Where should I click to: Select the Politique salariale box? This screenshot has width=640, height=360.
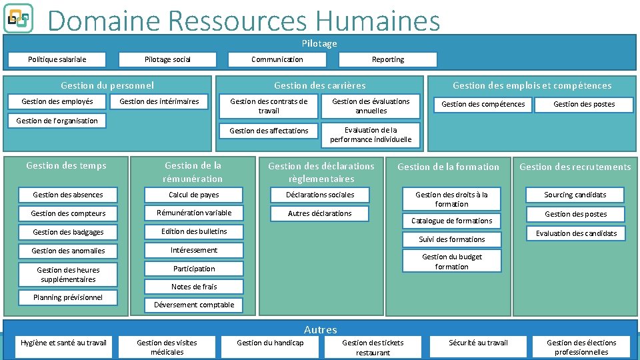(57, 59)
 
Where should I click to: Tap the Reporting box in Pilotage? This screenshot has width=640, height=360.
(387, 59)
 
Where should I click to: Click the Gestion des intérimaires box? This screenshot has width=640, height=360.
(159, 101)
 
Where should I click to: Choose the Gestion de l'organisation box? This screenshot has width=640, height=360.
(57, 121)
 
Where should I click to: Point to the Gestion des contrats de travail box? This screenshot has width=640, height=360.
(269, 106)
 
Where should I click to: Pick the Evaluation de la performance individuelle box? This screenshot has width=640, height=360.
(371, 135)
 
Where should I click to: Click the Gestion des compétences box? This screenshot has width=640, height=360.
(483, 104)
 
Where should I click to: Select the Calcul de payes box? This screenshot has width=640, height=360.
(194, 195)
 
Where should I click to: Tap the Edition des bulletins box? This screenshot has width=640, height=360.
(194, 231)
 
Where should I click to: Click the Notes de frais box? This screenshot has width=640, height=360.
(194, 287)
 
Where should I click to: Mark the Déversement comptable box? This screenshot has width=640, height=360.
(194, 305)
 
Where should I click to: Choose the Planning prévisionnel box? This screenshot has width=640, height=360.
(68, 297)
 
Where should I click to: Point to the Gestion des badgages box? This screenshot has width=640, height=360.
(68, 232)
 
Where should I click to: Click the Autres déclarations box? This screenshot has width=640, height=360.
(319, 213)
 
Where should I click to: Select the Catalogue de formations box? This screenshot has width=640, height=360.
(451, 221)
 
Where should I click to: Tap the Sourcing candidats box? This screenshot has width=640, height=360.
(575, 195)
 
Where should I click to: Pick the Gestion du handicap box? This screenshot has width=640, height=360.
(270, 343)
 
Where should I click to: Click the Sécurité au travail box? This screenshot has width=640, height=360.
(478, 343)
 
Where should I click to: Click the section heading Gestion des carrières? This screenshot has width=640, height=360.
(319, 85)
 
